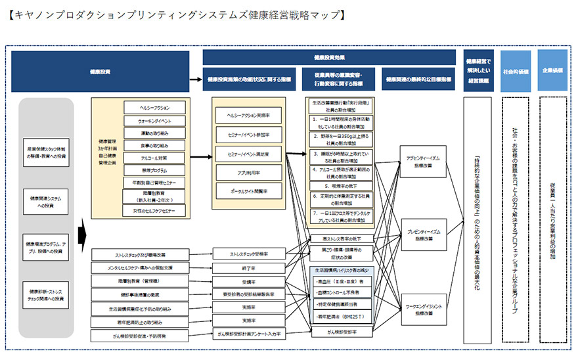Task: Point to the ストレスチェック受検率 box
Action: [248, 253]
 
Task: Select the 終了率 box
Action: [248, 268]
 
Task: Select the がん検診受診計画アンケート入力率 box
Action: [248, 334]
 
